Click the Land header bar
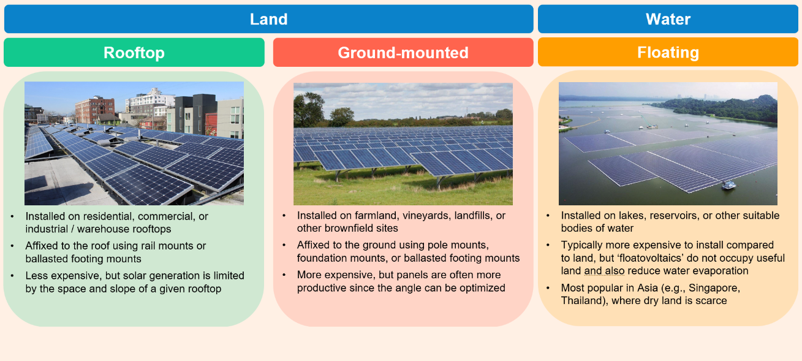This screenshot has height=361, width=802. click(268, 19)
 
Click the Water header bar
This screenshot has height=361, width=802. click(668, 19)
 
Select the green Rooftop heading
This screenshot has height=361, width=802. click(134, 52)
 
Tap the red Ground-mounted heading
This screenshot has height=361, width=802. click(403, 52)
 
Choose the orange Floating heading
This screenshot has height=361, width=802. click(668, 52)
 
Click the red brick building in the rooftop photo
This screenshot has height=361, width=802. click(95, 109)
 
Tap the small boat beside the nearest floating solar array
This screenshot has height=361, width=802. click(728, 186)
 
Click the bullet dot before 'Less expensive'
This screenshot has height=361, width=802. click(12, 276)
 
